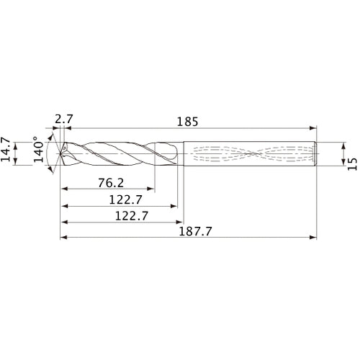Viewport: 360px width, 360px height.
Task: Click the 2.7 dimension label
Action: point(63,117)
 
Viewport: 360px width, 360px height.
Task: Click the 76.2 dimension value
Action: point(109,182)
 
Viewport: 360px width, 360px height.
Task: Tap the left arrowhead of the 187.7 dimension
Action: point(62,237)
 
